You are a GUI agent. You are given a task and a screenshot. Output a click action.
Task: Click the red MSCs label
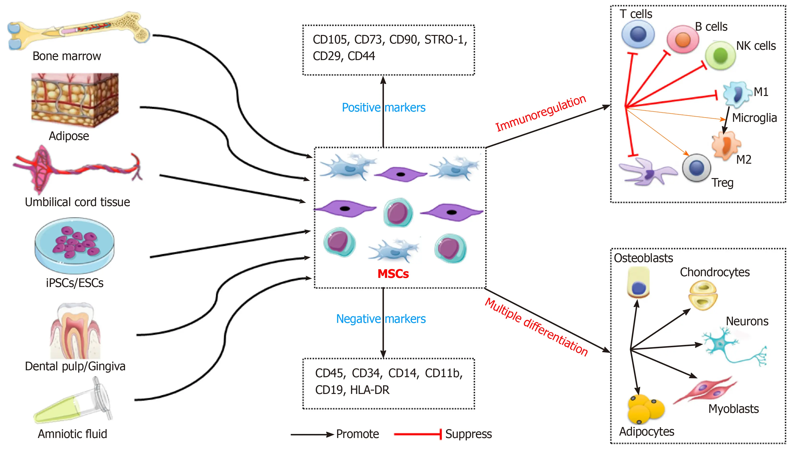click(x=393, y=274)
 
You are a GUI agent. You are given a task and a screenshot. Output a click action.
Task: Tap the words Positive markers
click(x=383, y=108)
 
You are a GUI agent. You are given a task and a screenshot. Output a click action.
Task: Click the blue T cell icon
click(x=638, y=34)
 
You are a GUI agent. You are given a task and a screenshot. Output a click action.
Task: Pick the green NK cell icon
click(x=720, y=56)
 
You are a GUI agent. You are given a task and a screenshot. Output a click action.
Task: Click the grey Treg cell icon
click(x=696, y=168)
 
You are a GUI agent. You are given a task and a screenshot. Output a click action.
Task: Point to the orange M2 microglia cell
click(x=726, y=145)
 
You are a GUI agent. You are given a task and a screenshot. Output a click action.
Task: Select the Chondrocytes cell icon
click(x=703, y=295)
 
